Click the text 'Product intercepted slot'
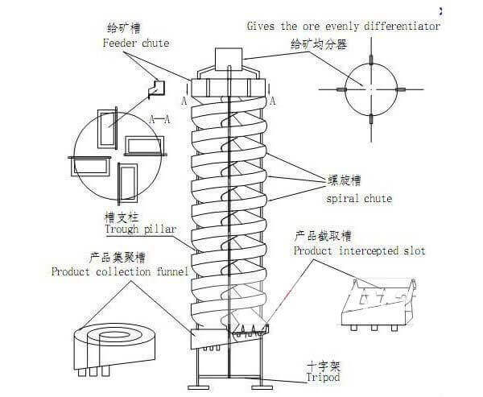(360, 251)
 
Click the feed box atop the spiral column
(229, 60)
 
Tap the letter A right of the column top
(274, 101)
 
